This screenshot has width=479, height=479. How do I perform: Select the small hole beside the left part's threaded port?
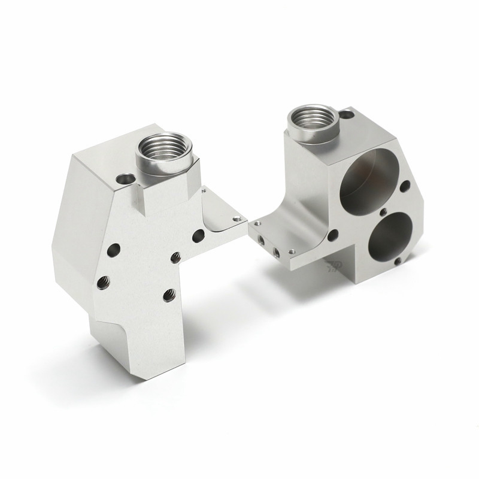126,178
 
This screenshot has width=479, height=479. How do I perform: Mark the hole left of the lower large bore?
335,234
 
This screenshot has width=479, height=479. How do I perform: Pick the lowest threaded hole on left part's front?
169,294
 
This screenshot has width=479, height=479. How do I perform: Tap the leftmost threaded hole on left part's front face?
102,280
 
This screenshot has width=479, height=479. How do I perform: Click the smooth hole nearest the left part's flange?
198,236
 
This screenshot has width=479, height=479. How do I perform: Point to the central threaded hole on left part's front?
175,257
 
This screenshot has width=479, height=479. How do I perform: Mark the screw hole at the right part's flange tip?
257,224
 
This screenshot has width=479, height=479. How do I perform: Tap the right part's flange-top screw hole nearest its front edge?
292,251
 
